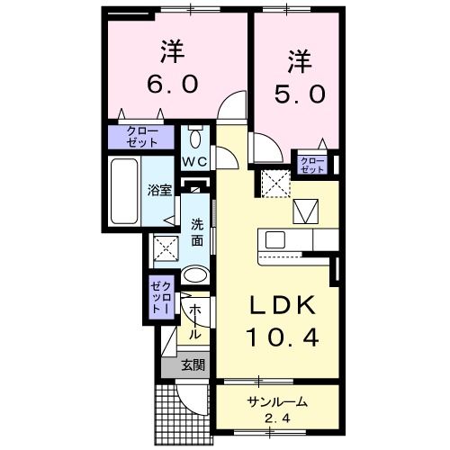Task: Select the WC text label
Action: pyautogui.click(x=195, y=162)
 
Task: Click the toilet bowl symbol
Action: pyautogui.click(x=197, y=140)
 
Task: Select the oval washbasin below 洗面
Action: pyautogui.click(x=194, y=274)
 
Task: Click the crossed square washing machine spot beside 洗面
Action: pyautogui.click(x=165, y=247)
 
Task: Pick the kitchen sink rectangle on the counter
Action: pyautogui.click(x=274, y=240)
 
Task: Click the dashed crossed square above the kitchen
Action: pyautogui.click(x=272, y=184)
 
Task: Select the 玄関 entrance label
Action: pyautogui.click(x=192, y=365)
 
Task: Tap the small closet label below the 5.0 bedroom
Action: pyautogui.click(x=312, y=164)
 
